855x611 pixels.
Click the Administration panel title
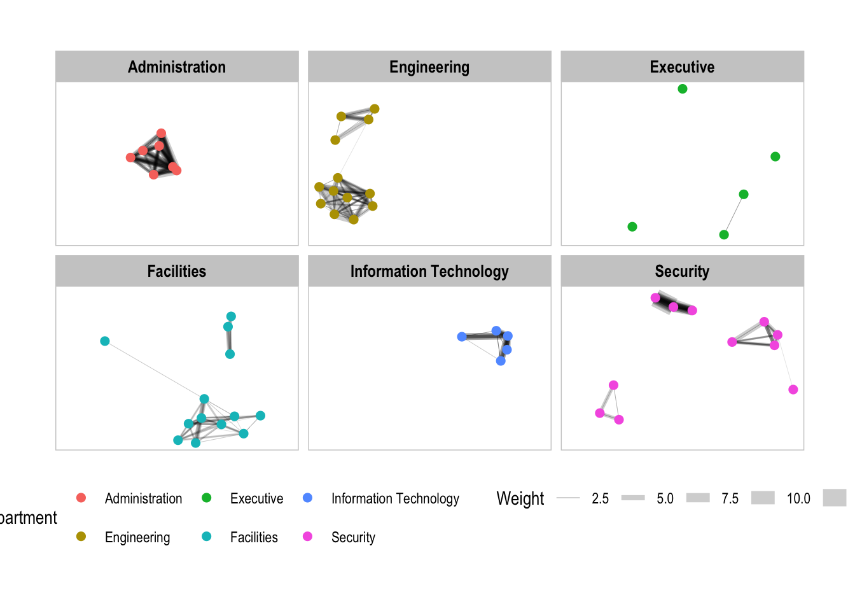click(x=177, y=67)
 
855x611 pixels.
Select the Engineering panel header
click(x=429, y=67)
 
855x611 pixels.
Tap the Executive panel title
click(x=682, y=67)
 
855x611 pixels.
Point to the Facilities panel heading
click(x=177, y=271)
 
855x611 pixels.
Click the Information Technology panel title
click(x=429, y=271)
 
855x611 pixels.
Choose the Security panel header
click(x=682, y=271)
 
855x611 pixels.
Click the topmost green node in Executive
click(x=683, y=89)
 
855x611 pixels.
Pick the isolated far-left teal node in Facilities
click(x=105, y=341)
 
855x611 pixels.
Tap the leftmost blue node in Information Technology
click(x=462, y=337)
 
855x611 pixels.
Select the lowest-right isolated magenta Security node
click(x=793, y=390)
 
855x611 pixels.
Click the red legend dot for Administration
click(x=81, y=498)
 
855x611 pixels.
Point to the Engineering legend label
click(x=137, y=537)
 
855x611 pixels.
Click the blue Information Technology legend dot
click(x=308, y=498)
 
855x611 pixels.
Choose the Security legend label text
click(x=353, y=537)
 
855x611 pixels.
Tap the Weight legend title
click(x=520, y=498)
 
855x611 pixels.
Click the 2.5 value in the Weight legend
click(x=600, y=498)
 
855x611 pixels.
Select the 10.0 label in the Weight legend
click(x=798, y=498)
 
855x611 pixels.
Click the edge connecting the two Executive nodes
click(x=734, y=214)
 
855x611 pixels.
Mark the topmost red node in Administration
click(x=161, y=134)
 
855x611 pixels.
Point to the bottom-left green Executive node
click(x=632, y=227)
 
